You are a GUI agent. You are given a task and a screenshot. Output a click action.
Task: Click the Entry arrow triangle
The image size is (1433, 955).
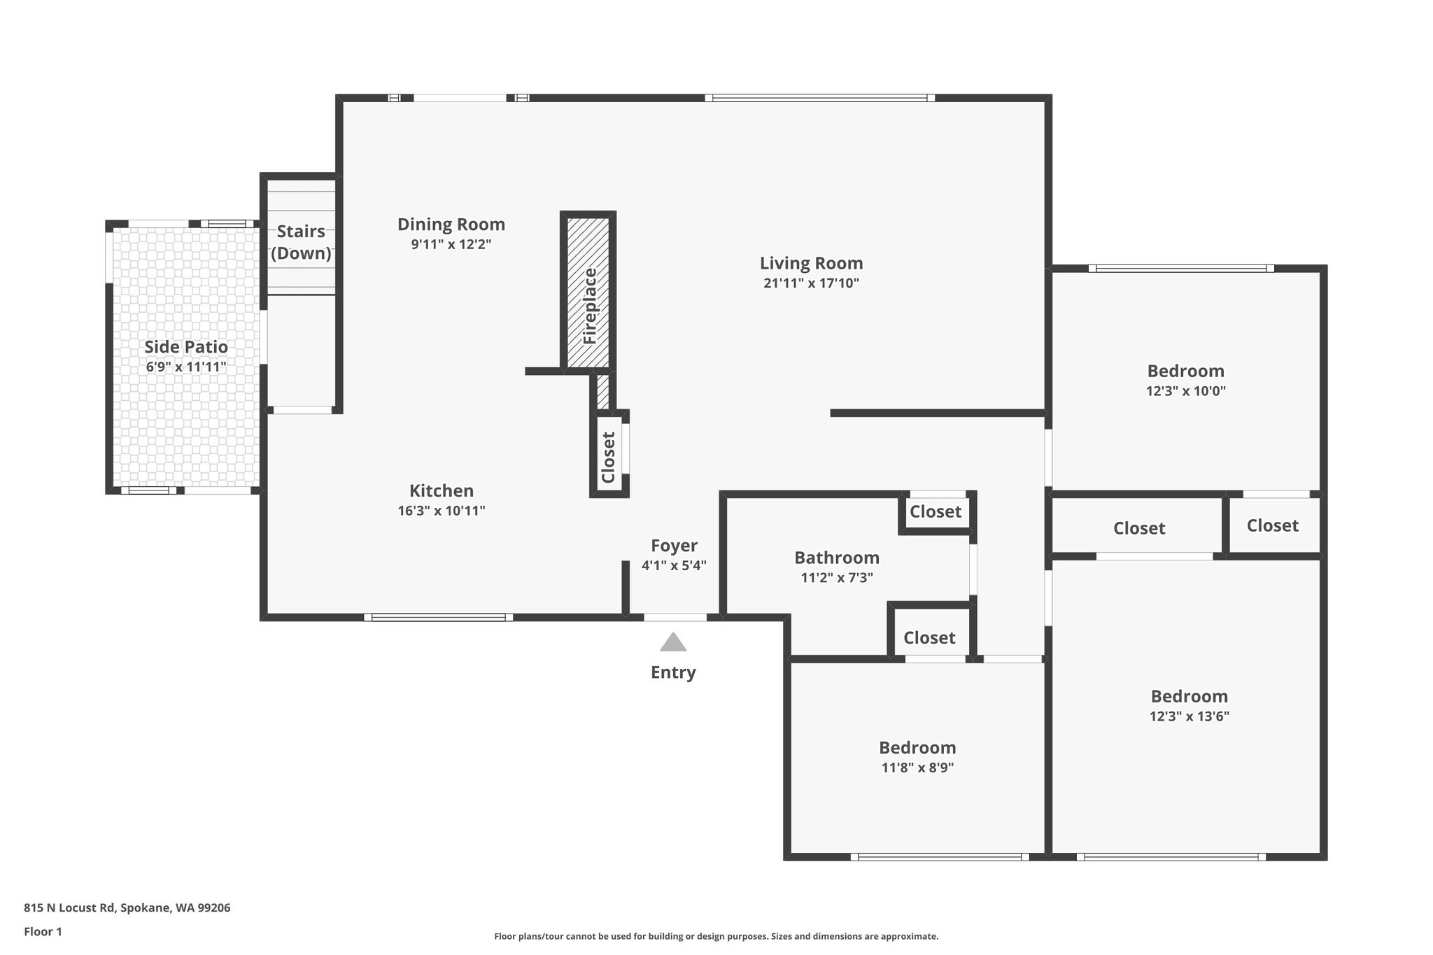[673, 642]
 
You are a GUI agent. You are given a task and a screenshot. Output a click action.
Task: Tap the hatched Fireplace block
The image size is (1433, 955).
[588, 292]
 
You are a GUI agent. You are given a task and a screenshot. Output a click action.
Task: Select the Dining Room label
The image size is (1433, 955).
[451, 225]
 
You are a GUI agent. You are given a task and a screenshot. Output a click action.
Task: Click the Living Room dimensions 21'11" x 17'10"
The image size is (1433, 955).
[811, 283]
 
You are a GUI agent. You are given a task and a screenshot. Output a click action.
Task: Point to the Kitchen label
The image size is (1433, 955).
[442, 490]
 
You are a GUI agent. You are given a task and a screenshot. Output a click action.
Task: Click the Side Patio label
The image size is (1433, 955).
[186, 347]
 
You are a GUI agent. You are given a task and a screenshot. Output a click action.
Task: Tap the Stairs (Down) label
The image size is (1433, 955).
[301, 242]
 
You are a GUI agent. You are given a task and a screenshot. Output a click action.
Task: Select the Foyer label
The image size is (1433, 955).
[674, 546]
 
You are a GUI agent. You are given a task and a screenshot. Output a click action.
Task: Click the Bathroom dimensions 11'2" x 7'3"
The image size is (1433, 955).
[837, 578]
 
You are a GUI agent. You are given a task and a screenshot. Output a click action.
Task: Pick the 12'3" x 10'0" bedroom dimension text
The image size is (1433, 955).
[1186, 391]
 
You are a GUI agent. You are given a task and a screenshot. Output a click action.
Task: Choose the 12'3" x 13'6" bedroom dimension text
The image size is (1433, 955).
[1190, 716]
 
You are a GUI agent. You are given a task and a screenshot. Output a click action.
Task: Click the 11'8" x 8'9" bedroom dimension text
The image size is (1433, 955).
[917, 767]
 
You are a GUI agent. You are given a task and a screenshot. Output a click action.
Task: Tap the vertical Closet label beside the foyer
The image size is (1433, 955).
[608, 457]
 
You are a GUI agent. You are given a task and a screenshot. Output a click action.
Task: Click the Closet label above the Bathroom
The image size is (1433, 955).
[936, 512]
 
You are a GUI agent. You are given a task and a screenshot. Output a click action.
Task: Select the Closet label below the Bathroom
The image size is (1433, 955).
[929, 638]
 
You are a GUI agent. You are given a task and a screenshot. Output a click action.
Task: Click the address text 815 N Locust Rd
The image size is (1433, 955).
[69, 908]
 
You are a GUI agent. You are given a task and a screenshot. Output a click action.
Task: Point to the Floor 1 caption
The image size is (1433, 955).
[43, 932]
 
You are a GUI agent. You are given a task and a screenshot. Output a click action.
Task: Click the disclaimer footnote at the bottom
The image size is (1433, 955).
[716, 936]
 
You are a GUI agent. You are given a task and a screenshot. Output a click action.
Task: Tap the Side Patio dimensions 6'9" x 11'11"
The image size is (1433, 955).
[186, 367]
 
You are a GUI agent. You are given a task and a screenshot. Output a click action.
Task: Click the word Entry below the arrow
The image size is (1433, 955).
[673, 672]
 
